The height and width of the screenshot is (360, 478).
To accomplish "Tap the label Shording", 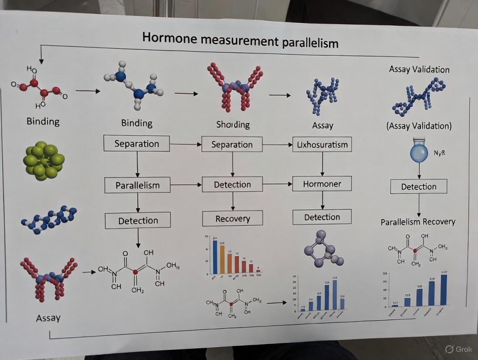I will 233,125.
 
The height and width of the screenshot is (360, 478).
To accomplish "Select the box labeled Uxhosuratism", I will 322,144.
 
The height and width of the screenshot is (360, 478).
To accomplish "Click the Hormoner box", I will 322,183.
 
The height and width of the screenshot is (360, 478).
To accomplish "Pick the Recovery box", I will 233,219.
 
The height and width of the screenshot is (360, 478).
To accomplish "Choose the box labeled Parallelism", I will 138,185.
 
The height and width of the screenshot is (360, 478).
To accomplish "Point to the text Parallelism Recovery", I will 418,222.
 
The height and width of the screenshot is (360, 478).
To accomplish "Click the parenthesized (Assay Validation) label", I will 419,126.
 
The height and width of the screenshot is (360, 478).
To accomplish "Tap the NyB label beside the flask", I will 439,153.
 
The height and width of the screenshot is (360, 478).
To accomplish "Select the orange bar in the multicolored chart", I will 223,260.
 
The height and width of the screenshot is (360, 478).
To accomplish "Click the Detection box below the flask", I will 419,186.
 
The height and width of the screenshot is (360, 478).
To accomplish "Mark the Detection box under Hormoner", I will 322,217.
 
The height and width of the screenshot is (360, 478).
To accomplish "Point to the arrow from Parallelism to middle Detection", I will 187,185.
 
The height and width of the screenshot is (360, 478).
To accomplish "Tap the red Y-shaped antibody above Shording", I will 234,87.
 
